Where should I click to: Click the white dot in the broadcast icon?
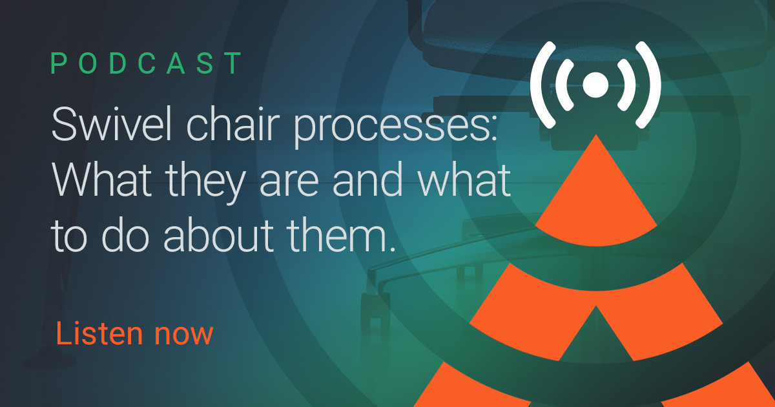coord(595,85)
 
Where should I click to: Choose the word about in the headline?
coord(219,235)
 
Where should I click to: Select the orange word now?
coord(183,336)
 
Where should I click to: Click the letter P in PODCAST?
coord(59,63)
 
